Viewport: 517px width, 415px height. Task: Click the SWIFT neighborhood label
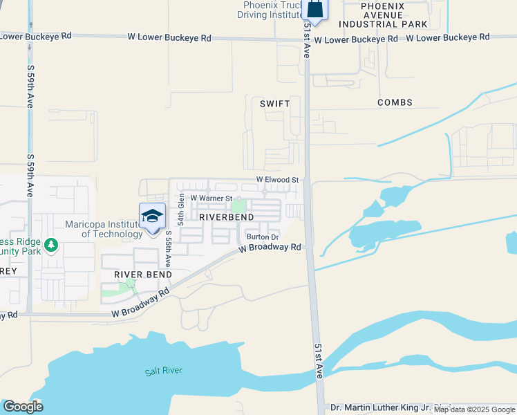click(x=274, y=104)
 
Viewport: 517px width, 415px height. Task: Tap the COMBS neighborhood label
click(x=395, y=103)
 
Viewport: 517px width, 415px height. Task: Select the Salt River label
click(x=164, y=371)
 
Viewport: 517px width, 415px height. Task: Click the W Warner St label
click(x=210, y=198)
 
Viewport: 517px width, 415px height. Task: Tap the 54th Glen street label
click(x=181, y=209)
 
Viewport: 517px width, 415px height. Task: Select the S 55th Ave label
click(x=168, y=250)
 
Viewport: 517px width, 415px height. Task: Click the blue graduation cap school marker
click(x=152, y=217)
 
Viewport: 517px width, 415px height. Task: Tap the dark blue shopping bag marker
click(x=314, y=9)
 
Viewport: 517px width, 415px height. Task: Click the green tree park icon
click(x=50, y=245)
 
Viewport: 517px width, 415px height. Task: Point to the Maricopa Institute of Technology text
click(x=104, y=229)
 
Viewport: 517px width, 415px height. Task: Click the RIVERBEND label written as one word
click(x=223, y=217)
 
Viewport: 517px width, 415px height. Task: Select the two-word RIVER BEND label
click(x=138, y=275)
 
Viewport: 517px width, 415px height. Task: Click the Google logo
click(x=23, y=407)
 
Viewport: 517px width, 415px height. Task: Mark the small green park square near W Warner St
click(x=238, y=205)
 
